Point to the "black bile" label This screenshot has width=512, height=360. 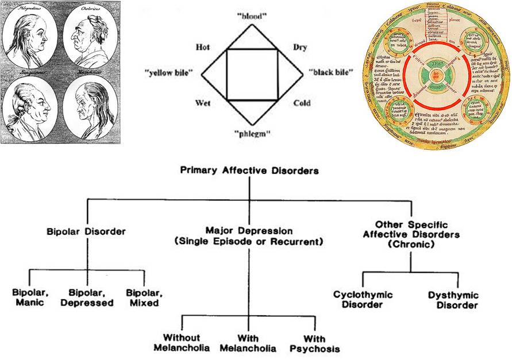coord(330,72)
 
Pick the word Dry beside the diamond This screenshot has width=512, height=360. coord(300,47)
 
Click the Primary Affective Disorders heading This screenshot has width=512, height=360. coord(249,171)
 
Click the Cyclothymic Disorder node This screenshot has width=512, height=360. coord(363,300)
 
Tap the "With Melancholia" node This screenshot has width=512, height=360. coord(249,343)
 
